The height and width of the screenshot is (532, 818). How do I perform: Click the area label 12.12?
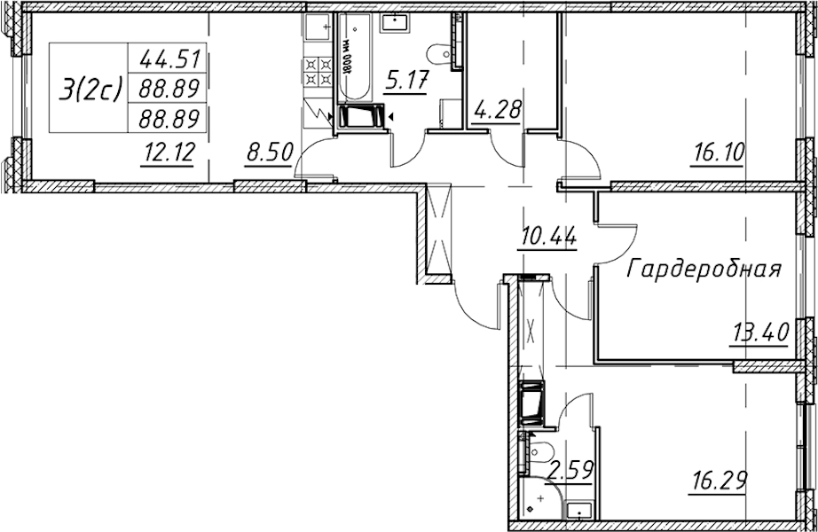[168, 154]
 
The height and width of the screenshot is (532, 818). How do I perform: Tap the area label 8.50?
[268, 154]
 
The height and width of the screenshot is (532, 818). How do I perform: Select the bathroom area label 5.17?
[405, 82]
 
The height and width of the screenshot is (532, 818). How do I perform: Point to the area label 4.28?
[496, 111]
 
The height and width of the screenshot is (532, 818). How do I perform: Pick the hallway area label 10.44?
[547, 239]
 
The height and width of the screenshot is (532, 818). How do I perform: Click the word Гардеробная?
[704, 270]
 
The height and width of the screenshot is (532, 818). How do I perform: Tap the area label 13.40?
[760, 332]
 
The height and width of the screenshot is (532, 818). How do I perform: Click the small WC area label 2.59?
[570, 472]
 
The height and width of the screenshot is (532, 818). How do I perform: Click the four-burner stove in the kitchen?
[319, 72]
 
